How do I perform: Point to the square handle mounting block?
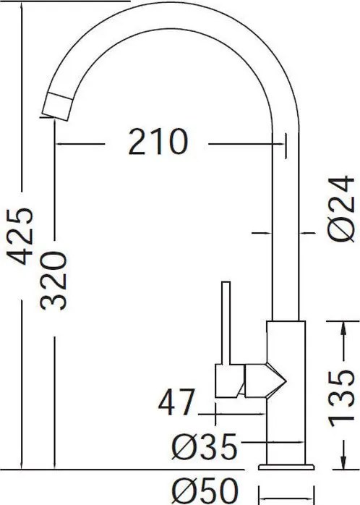(230, 381)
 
